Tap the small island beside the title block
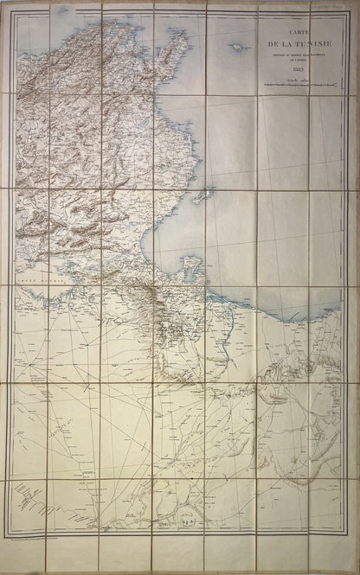click(x=235, y=43)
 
